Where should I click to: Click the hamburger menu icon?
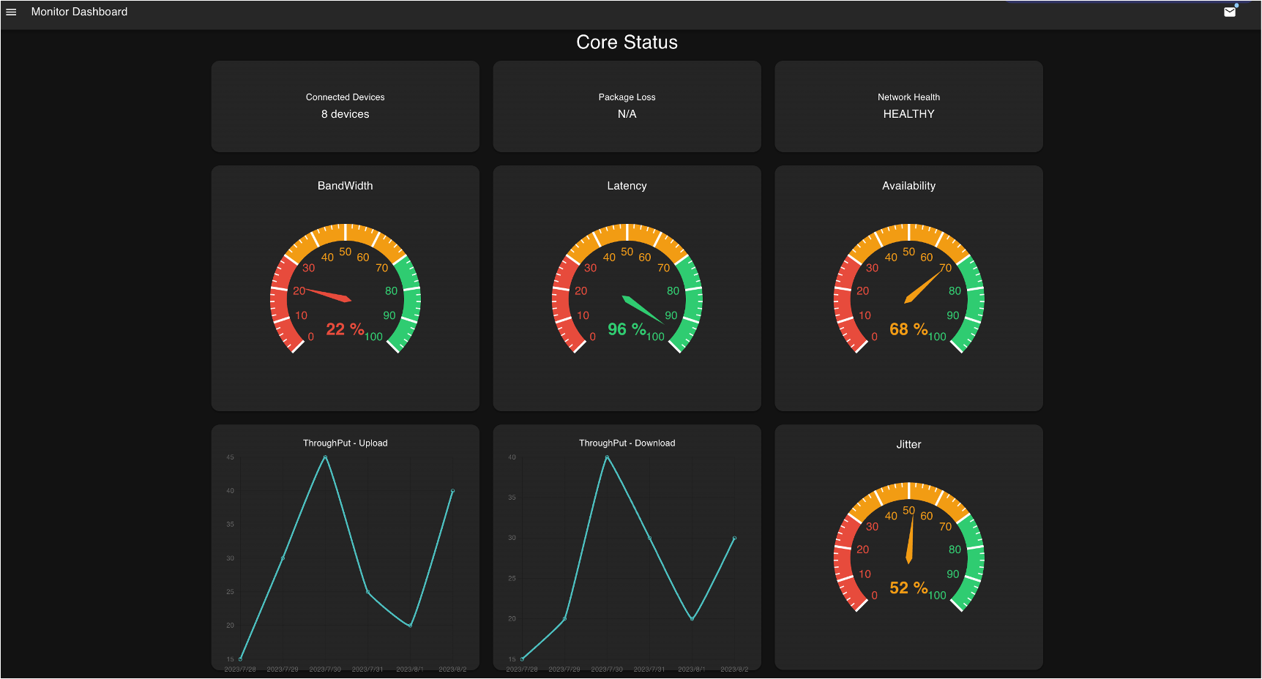[11, 12]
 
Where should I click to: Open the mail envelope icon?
[1230, 12]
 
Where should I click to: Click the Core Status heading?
[627, 42]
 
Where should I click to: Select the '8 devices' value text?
[345, 114]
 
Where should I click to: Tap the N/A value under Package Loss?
[627, 114]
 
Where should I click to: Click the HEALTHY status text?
[908, 114]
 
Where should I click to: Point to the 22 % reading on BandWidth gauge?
[345, 329]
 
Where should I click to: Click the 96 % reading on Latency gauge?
[627, 329]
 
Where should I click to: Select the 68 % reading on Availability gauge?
[908, 329]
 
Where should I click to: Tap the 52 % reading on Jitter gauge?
[908, 588]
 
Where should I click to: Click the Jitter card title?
[908, 444]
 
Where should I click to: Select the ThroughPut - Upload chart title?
[345, 443]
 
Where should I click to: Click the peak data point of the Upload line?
[325, 457]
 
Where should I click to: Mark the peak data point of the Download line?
[607, 457]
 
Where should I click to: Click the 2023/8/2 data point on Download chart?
[734, 539]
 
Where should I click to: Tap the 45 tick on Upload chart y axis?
[230, 457]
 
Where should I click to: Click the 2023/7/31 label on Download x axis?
[649, 669]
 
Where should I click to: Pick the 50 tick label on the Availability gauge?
[908, 252]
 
